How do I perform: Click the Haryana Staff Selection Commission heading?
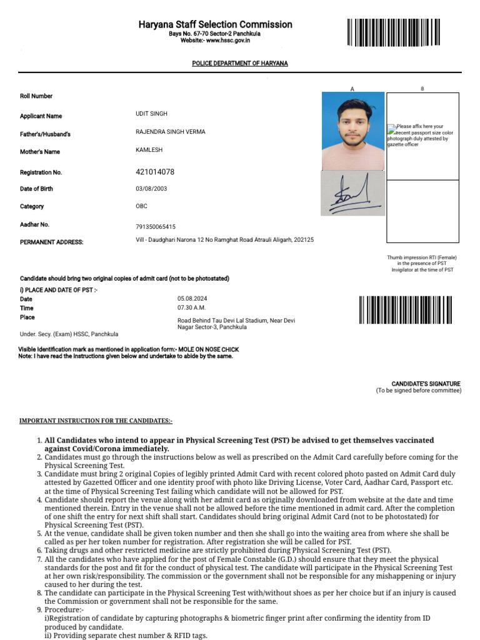pos(215,24)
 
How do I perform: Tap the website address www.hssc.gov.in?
pos(215,40)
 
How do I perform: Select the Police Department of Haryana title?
pos(239,64)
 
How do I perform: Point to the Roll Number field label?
pos(36,96)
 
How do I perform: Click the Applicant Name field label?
pos(41,116)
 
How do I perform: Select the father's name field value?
pos(170,132)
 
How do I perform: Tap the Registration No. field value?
pos(155,172)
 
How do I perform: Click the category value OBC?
pos(142,206)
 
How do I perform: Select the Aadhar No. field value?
pos(156,227)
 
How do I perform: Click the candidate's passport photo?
pos(352,131)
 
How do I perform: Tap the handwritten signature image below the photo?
pos(352,194)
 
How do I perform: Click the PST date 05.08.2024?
pos(191,299)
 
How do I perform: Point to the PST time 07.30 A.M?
pos(191,307)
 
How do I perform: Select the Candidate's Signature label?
pos(426,384)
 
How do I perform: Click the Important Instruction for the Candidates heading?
pos(96,421)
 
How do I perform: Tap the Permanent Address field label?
pos(51,242)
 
